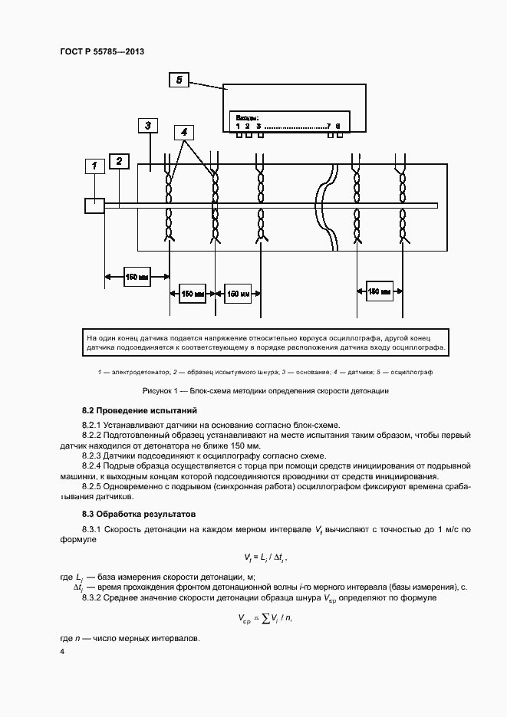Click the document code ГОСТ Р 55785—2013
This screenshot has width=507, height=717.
pyautogui.click(x=102, y=51)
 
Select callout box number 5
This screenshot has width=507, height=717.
pyautogui.click(x=179, y=79)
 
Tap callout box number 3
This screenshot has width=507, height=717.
pyautogui.click(x=147, y=126)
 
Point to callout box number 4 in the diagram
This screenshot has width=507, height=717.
pyautogui.click(x=184, y=131)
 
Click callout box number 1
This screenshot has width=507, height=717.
pyautogui.click(x=94, y=166)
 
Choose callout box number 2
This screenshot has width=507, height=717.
pyautogui.click(x=119, y=161)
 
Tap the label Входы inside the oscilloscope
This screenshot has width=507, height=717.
pyautogui.click(x=247, y=117)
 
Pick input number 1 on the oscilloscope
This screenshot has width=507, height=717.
pyautogui.click(x=238, y=126)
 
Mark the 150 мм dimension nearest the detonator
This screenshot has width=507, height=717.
pyautogui.click(x=137, y=277)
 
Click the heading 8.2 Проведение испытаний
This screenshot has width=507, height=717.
pyautogui.click(x=140, y=410)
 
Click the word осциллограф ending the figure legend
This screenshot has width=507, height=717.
pyautogui.click(x=413, y=372)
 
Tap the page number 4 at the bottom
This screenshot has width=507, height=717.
pyautogui.click(x=62, y=651)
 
